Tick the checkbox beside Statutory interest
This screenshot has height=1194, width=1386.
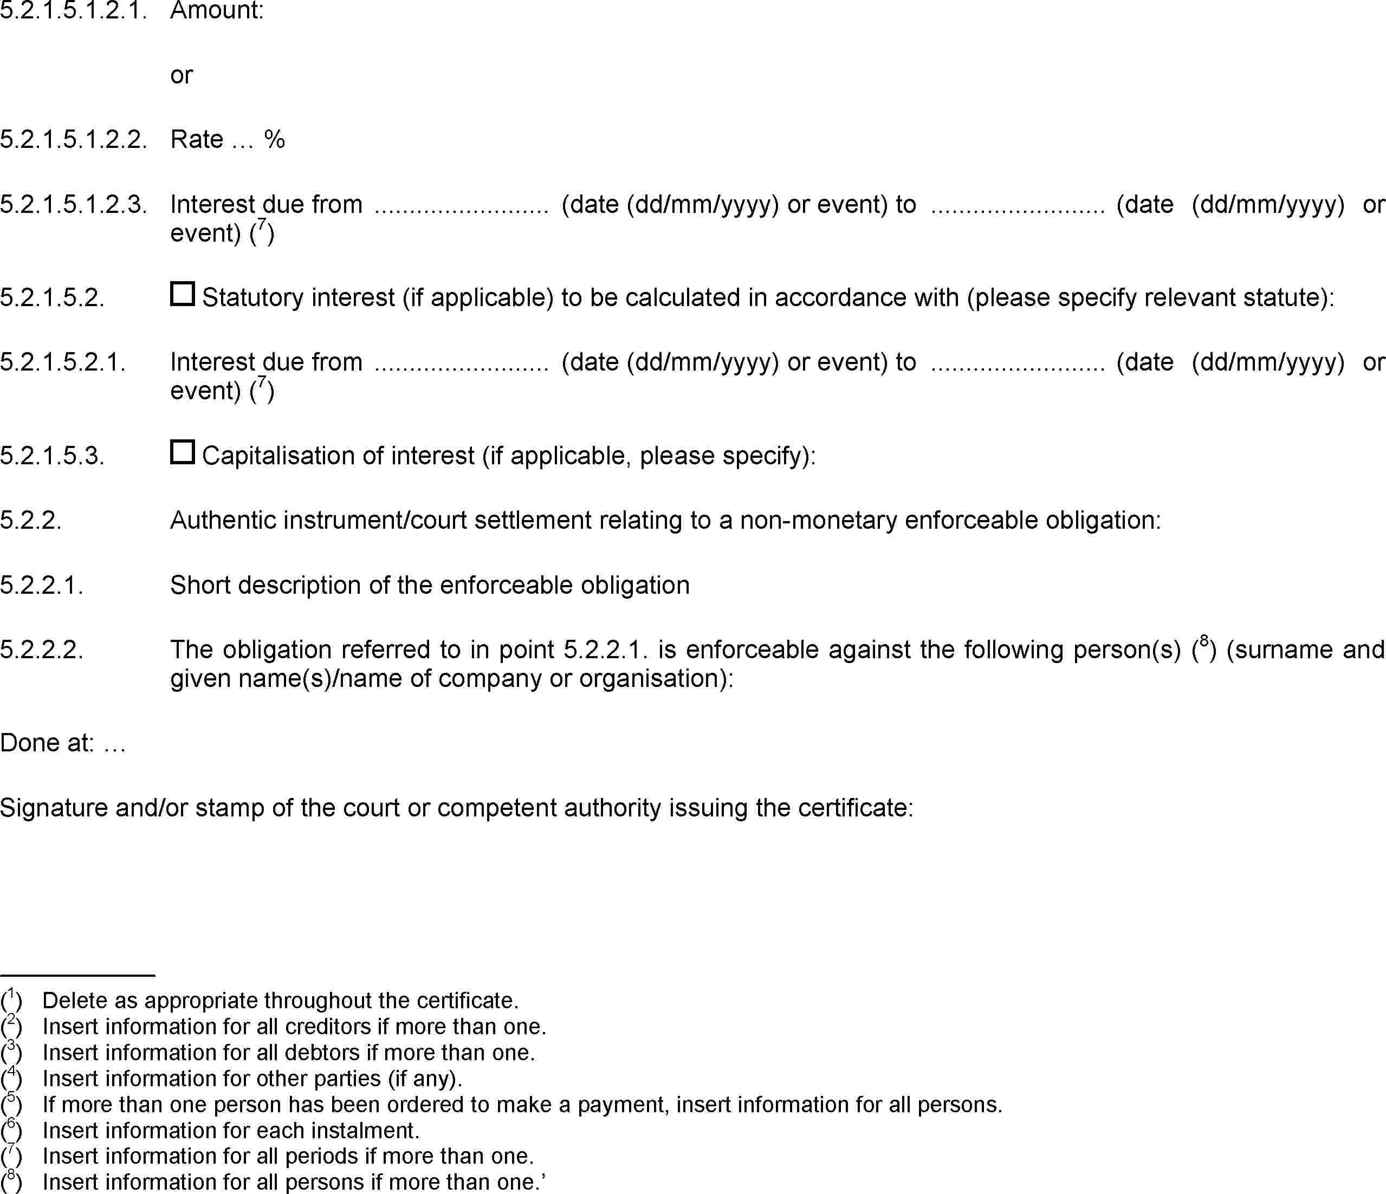point(182,294)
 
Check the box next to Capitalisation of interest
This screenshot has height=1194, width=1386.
point(182,452)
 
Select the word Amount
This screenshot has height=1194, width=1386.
point(217,11)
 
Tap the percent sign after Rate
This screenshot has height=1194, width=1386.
point(274,139)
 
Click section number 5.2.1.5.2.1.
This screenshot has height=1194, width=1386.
point(63,362)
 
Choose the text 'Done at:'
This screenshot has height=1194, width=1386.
point(47,743)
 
